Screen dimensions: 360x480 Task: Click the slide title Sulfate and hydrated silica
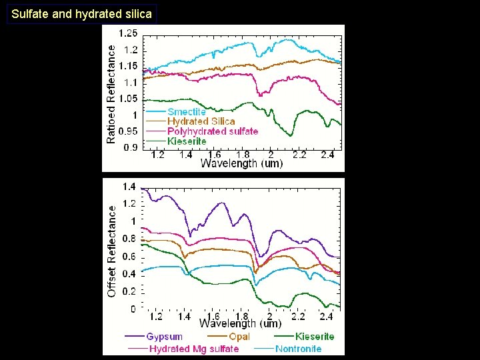click(x=81, y=13)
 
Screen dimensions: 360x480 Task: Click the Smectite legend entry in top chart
click(x=187, y=112)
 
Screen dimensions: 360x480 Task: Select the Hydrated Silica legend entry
click(x=201, y=121)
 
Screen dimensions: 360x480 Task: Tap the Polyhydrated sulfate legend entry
click(x=212, y=131)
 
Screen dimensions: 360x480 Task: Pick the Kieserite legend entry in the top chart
click(x=187, y=141)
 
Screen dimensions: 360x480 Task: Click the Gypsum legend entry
click(x=164, y=337)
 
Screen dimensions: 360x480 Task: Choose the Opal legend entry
click(x=239, y=337)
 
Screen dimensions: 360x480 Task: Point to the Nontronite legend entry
click(x=298, y=349)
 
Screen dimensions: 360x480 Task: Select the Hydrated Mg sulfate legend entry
click(x=194, y=349)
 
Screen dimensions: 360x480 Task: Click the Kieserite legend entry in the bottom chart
click(x=315, y=337)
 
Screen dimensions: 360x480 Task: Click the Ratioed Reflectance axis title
click(x=111, y=94)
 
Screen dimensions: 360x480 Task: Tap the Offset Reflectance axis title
click(x=111, y=251)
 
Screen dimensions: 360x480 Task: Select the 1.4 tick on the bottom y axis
click(x=129, y=187)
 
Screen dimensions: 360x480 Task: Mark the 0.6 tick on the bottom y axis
click(x=129, y=257)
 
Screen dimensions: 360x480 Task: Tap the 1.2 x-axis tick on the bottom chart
click(x=156, y=316)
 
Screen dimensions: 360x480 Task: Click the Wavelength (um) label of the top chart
click(x=241, y=164)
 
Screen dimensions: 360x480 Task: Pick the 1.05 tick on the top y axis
click(x=128, y=99)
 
